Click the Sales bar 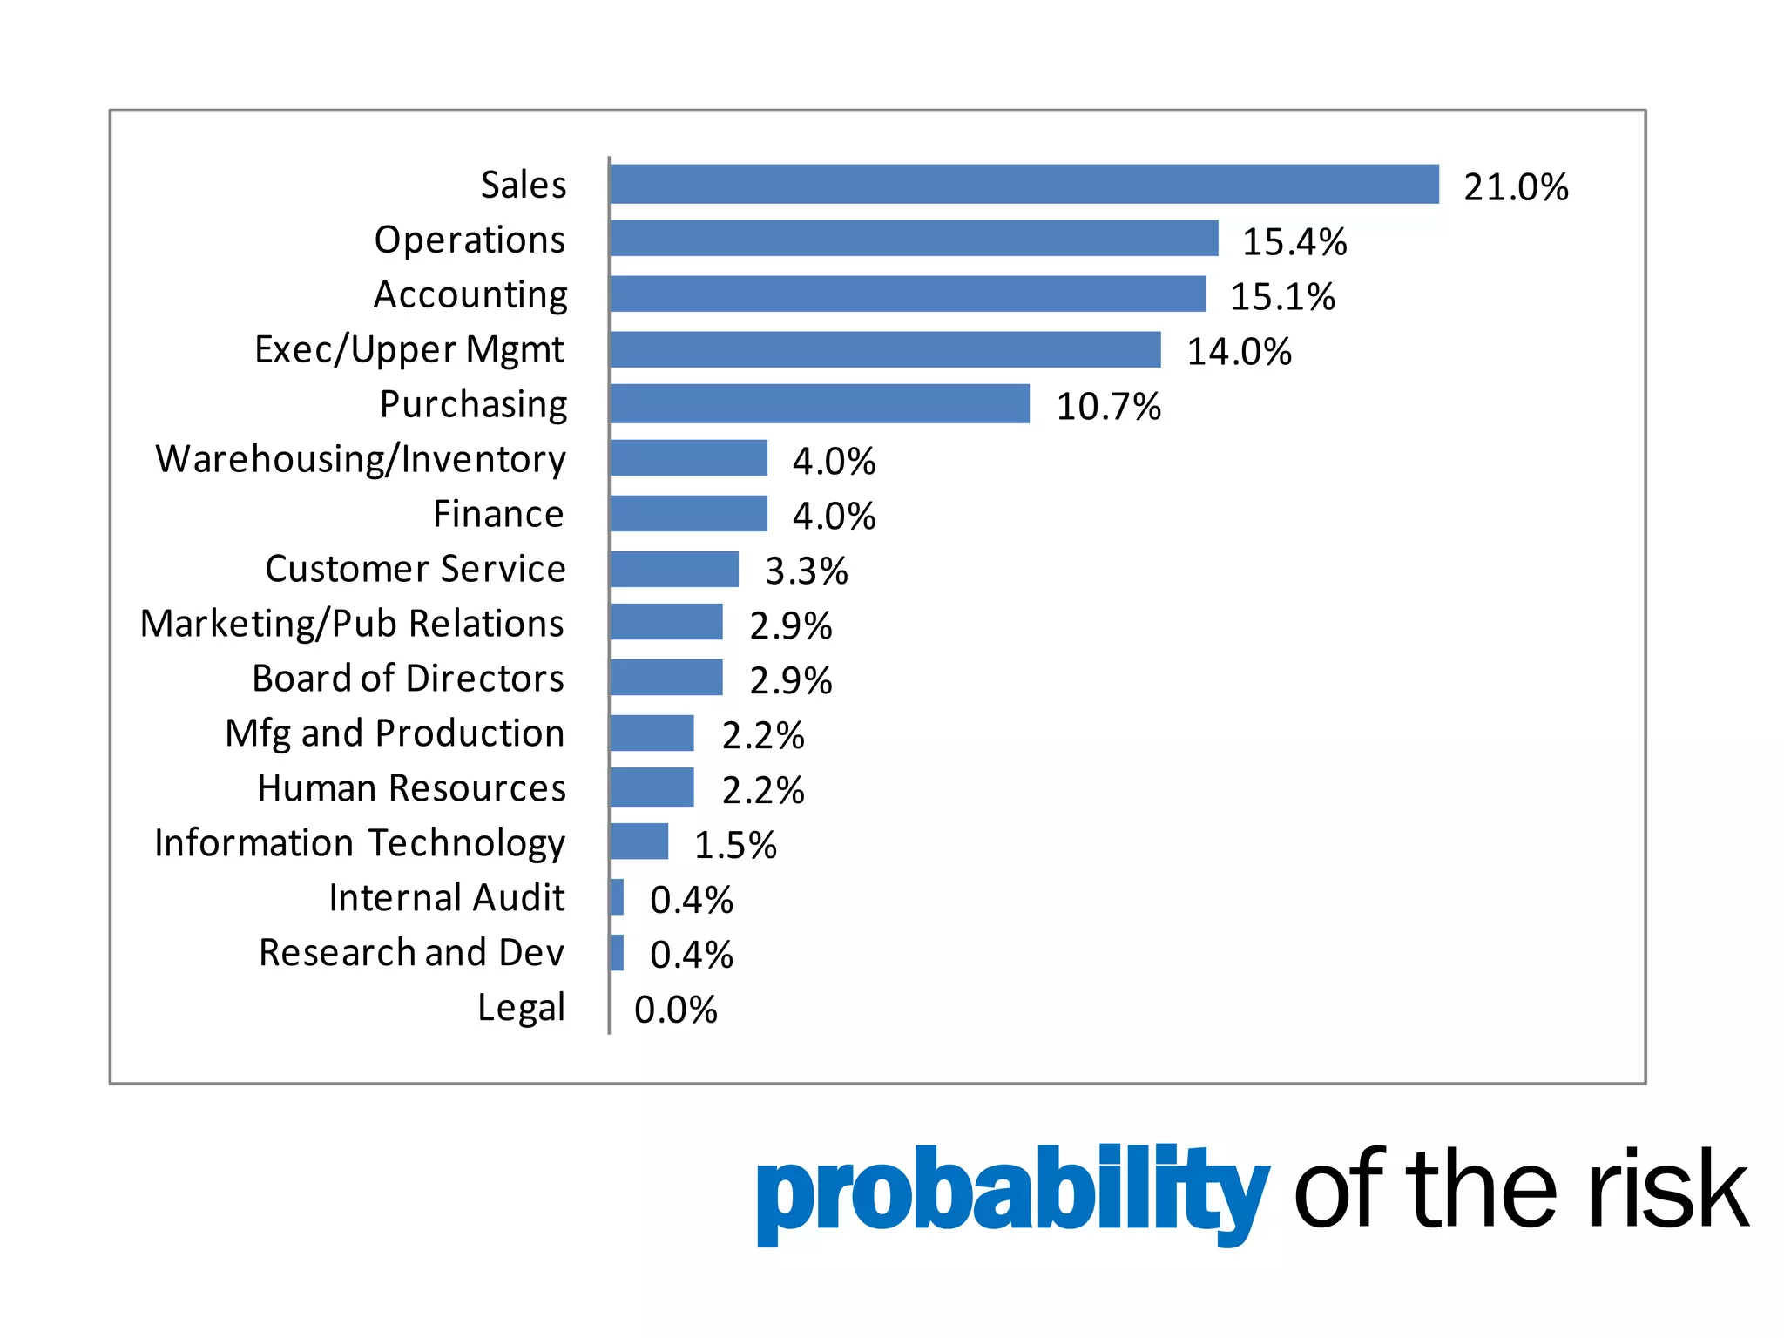point(1024,184)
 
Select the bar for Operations point(914,239)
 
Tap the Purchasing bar point(819,404)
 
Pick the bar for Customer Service point(673,569)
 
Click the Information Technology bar point(639,841)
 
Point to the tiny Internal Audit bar point(617,897)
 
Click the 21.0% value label point(1516,187)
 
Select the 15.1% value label point(1281,297)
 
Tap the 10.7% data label point(1108,407)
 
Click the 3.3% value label point(806,571)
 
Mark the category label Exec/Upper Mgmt point(409,350)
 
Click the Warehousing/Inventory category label point(361,460)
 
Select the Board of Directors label point(408,679)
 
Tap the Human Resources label point(411,788)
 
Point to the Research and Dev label point(411,953)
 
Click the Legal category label point(521,1008)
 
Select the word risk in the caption point(1665,1189)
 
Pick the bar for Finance point(688,514)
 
